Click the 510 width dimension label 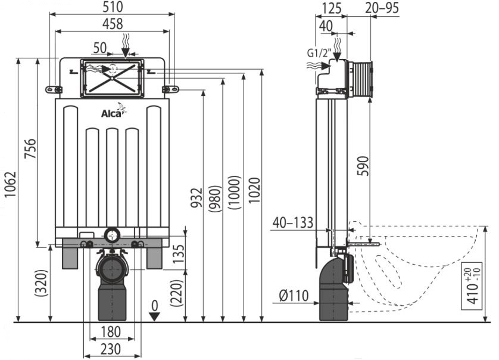pyautogui.click(x=113, y=7)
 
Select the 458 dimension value pyautogui.click(x=113, y=24)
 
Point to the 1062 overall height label pyautogui.click(x=10, y=184)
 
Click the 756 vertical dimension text pyautogui.click(x=30, y=148)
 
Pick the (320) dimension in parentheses pyautogui.click(x=42, y=283)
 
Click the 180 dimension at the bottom pyautogui.click(x=111, y=331)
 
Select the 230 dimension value pyautogui.click(x=111, y=349)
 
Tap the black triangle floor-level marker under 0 pyautogui.click(x=154, y=316)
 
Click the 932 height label pyautogui.click(x=197, y=197)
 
